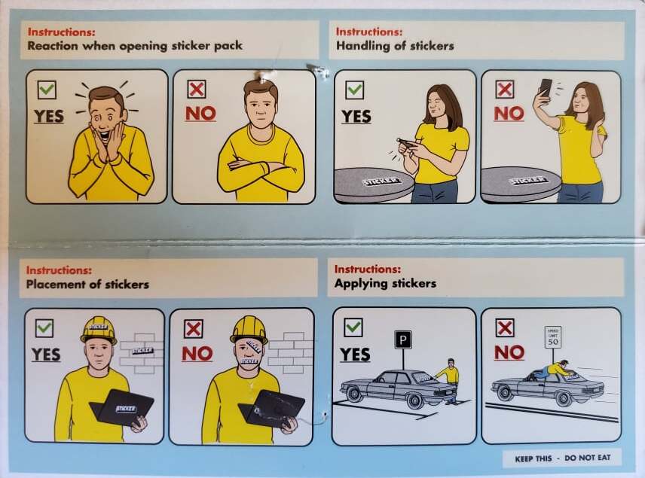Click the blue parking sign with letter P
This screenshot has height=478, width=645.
pos(402,340)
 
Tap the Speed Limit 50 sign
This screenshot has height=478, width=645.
pos(553,338)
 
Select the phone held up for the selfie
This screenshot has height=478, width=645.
pos(546,88)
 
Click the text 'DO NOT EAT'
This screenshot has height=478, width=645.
pos(588,458)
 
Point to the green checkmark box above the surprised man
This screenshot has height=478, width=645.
pos(47,89)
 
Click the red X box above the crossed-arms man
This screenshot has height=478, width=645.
pos(197,89)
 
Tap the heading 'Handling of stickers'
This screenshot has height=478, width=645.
pos(395,46)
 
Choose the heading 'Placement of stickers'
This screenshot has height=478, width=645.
pos(87,284)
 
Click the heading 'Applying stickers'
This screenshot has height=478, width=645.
pos(385,283)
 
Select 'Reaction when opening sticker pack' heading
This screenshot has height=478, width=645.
pos(135,46)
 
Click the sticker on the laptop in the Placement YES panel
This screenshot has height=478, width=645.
pos(126,409)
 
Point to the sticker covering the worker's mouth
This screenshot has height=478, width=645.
pos(249,361)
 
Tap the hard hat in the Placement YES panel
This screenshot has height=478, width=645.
pos(99,330)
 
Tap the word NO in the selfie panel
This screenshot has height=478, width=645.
pos(509,114)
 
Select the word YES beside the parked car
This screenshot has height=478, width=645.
pos(355,355)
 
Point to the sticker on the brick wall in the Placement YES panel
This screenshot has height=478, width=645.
pos(142,351)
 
